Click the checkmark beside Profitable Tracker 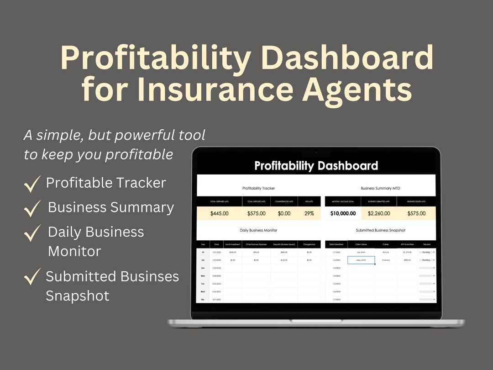32,185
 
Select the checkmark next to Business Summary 32,209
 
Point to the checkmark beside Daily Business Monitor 32,233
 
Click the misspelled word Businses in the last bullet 150,276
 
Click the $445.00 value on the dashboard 219,213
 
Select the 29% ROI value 309,213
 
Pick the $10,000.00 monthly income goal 342,213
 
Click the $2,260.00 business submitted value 378,213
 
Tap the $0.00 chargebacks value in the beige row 284,213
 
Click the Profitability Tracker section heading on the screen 258,188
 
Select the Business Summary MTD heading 380,188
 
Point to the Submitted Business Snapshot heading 380,230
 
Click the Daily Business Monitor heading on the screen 258,230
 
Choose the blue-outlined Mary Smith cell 361,260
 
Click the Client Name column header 361,244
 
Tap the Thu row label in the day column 203,299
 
